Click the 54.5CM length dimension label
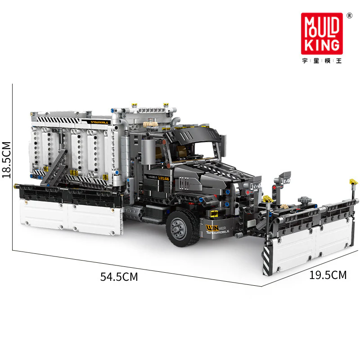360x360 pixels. tap(119, 277)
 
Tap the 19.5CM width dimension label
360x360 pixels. tap(328, 274)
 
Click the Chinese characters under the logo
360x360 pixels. tap(322, 61)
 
